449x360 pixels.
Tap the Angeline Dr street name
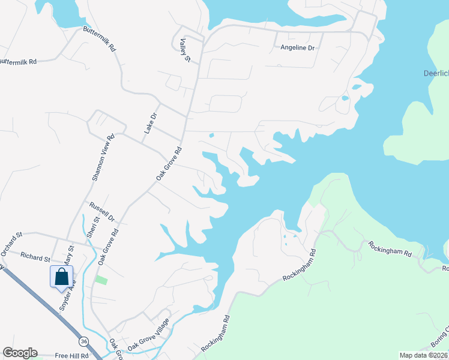tap(298, 47)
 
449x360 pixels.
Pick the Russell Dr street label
tap(101, 211)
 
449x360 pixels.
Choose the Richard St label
tap(35, 257)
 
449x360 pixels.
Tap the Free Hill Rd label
tap(71, 356)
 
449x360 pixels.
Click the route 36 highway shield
tap(83, 341)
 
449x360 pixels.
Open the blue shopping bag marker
tap(61, 277)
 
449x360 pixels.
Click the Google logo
tap(20, 353)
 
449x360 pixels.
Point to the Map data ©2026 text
tap(423, 355)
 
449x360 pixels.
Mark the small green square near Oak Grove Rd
tap(101, 280)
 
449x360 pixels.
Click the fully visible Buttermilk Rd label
tap(100, 39)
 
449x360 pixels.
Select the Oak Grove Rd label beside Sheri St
tap(109, 246)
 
